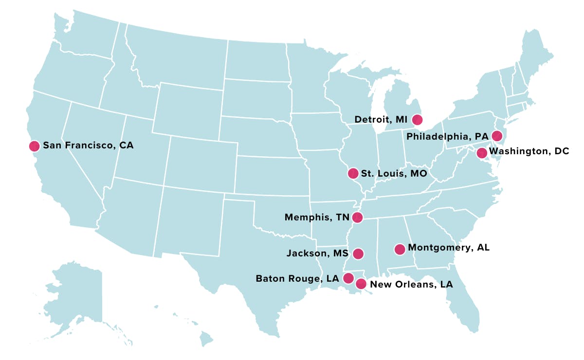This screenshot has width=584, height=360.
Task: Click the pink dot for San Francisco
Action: pyautogui.click(x=34, y=146)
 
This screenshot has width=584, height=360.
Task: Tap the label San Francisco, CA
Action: pyautogui.click(x=88, y=145)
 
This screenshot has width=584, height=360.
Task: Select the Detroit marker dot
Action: pyautogui.click(x=417, y=119)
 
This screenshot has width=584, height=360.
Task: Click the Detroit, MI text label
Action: pyautogui.click(x=381, y=119)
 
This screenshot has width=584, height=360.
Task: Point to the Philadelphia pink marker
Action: pyautogui.click(x=497, y=136)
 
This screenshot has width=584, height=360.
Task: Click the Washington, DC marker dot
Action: pyautogui.click(x=481, y=153)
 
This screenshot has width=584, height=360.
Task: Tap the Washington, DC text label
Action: pyautogui.click(x=529, y=151)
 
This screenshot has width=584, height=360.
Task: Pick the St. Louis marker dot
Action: pyautogui.click(x=353, y=173)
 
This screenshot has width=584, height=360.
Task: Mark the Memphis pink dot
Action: pyautogui.click(x=357, y=217)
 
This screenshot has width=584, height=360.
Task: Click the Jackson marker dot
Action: pyautogui.click(x=358, y=253)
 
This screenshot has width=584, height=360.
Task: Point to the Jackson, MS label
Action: pyautogui.click(x=317, y=253)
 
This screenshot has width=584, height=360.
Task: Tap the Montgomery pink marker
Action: pyautogui.click(x=400, y=249)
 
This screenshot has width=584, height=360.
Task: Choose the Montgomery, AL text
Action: pyautogui.click(x=449, y=248)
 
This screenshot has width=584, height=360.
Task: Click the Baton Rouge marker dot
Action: pyautogui.click(x=348, y=278)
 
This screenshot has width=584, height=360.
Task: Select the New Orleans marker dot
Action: pyautogui.click(x=361, y=284)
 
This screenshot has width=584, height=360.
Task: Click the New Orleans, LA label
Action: pyautogui.click(x=411, y=285)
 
